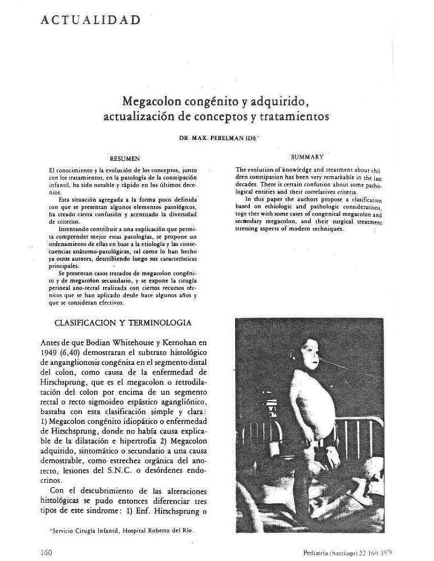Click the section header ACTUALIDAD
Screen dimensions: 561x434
click(x=90, y=20)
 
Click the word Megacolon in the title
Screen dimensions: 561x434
click(x=150, y=101)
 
